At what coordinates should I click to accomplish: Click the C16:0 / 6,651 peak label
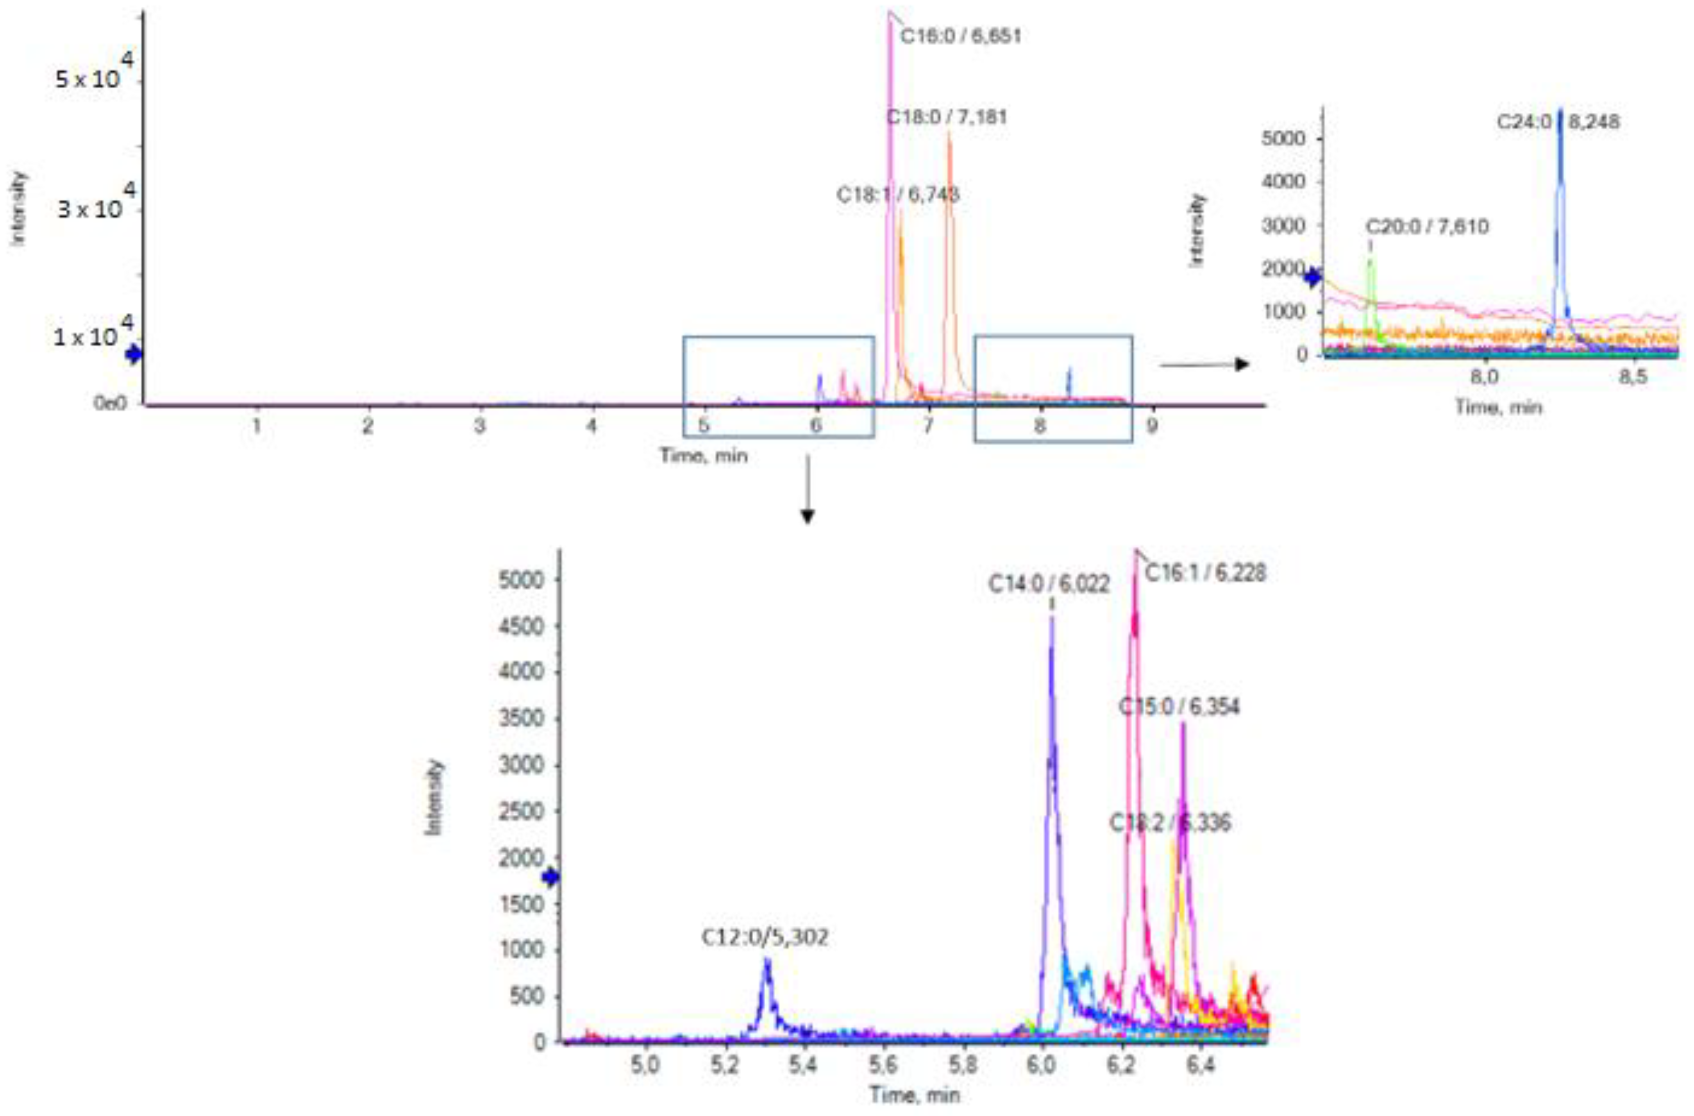pos(960,36)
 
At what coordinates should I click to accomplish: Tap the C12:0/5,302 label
pos(765,937)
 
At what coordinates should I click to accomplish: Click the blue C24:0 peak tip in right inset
pos(1560,113)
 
